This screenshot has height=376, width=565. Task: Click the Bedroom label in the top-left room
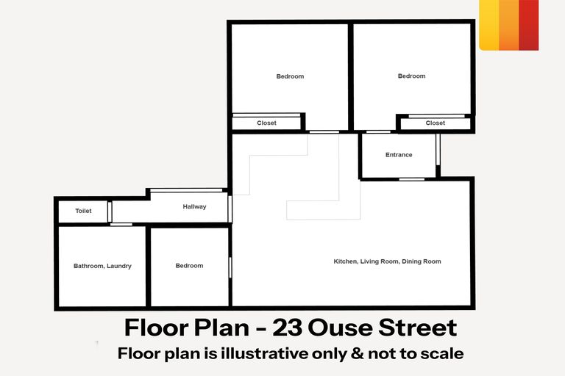[x=290, y=76]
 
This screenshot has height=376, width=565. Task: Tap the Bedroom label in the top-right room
[x=411, y=76]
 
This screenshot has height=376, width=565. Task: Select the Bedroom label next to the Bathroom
[x=189, y=266]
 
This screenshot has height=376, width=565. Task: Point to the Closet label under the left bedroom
[x=266, y=123]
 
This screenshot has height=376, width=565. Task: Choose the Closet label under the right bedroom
[x=436, y=123]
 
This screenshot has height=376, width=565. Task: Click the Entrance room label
[x=399, y=155]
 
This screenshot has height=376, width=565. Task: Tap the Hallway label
[x=194, y=207]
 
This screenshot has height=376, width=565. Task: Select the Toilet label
[x=83, y=211]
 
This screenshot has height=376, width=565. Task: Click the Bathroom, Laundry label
[x=102, y=266]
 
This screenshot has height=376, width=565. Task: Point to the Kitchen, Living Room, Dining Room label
[x=387, y=261]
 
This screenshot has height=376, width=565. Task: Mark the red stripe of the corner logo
[x=529, y=25]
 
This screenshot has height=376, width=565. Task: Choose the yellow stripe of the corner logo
[x=489, y=25]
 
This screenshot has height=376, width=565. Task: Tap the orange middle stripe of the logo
[x=509, y=25]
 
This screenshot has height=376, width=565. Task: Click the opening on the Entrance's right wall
[x=438, y=150]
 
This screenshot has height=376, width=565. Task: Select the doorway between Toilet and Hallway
[x=110, y=211]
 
